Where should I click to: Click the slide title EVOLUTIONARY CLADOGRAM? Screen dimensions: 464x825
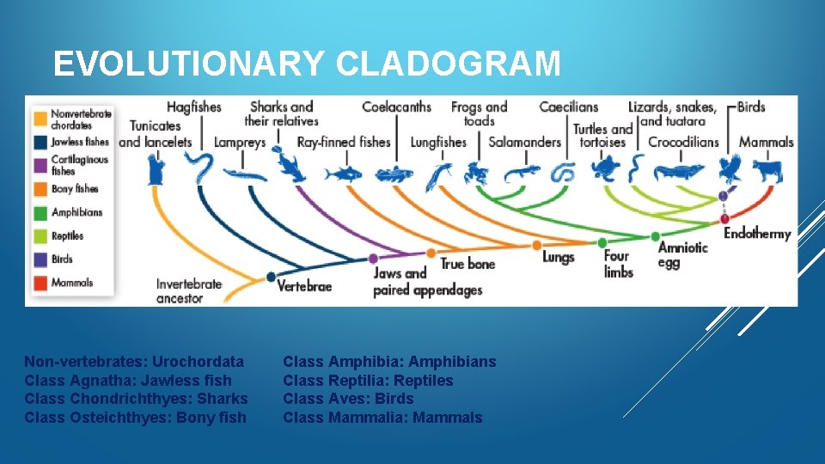[x=307, y=64]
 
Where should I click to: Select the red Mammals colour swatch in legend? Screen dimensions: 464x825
[x=40, y=282]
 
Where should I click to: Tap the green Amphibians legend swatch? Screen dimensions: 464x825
[x=40, y=212]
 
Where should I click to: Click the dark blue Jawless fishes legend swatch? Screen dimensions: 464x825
[x=40, y=141]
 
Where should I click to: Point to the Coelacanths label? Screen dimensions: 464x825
[x=396, y=107]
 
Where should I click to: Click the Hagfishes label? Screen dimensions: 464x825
[x=193, y=107]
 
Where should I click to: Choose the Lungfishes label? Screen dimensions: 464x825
[x=438, y=142]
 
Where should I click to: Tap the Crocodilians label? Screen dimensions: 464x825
[x=683, y=142]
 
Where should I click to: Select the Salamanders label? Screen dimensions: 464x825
[x=524, y=142]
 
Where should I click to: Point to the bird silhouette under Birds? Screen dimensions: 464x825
[x=730, y=169]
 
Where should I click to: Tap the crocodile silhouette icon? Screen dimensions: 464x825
[x=679, y=171]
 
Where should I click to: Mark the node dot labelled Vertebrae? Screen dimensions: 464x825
[x=271, y=277]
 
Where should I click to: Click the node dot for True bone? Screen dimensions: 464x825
[x=431, y=253]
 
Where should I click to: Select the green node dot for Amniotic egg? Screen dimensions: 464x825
[x=656, y=236]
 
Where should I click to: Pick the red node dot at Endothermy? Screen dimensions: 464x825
[x=724, y=219]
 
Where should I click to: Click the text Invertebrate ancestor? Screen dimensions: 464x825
[x=188, y=291]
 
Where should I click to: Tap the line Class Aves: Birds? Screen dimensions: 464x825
[x=348, y=399]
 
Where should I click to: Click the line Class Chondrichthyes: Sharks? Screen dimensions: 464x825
[x=136, y=399]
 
